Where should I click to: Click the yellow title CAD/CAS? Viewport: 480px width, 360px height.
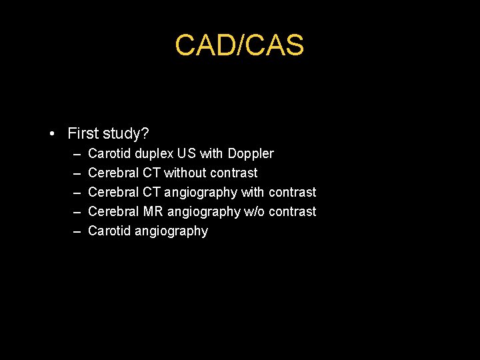pos(239,45)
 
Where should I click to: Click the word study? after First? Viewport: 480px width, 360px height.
pos(127,133)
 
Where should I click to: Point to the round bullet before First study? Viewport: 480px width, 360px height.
pos(52,133)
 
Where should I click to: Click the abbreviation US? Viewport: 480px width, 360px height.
pos(187,153)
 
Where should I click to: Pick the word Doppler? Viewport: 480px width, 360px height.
pos(251,153)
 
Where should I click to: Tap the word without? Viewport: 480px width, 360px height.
pos(185,173)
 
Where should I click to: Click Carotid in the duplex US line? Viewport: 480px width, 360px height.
pos(109,153)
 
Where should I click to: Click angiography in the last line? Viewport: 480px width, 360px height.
pos(171,231)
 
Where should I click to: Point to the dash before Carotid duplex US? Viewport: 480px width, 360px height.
pos(77,154)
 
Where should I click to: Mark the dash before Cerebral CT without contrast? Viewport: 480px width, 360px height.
pos(77,173)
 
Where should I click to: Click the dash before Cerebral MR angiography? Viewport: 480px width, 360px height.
pos(77,212)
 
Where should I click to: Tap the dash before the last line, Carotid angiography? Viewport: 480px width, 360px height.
pos(77,231)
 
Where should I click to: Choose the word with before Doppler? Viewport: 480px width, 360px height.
pos(211,153)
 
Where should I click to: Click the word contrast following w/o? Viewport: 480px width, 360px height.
pos(293,211)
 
